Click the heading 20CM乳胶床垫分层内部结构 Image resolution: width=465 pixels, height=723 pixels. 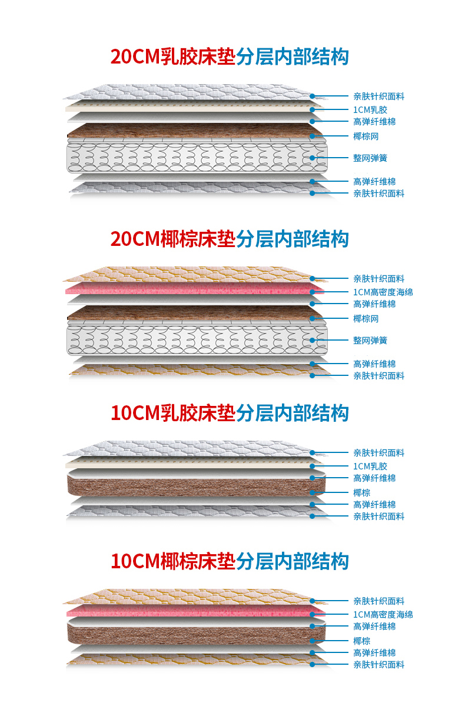230,56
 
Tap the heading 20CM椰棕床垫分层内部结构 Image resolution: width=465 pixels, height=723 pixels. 230,239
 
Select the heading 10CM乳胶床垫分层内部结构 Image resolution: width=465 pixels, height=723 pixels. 230,413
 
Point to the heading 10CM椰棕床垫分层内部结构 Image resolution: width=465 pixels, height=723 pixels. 230,561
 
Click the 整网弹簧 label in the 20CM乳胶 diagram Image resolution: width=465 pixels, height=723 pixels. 370,158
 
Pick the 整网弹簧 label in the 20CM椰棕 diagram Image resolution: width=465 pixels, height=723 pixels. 370,340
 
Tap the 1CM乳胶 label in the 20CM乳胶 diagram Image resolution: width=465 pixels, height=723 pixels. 370,109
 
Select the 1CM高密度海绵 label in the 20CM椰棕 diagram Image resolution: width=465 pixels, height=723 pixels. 383,292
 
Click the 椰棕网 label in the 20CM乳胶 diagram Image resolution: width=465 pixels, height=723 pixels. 366,136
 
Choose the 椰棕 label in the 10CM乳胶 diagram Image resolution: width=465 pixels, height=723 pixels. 362,492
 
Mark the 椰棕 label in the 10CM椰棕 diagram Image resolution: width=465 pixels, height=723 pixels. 362,641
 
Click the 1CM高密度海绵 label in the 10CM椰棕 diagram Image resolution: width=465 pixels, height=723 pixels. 383,614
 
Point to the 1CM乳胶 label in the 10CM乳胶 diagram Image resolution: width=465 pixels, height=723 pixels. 370,466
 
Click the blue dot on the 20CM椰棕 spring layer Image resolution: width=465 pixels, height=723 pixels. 313,340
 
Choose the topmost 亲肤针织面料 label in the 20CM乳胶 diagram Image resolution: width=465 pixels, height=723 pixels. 378,96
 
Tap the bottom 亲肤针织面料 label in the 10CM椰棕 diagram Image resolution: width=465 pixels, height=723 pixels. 378,664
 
